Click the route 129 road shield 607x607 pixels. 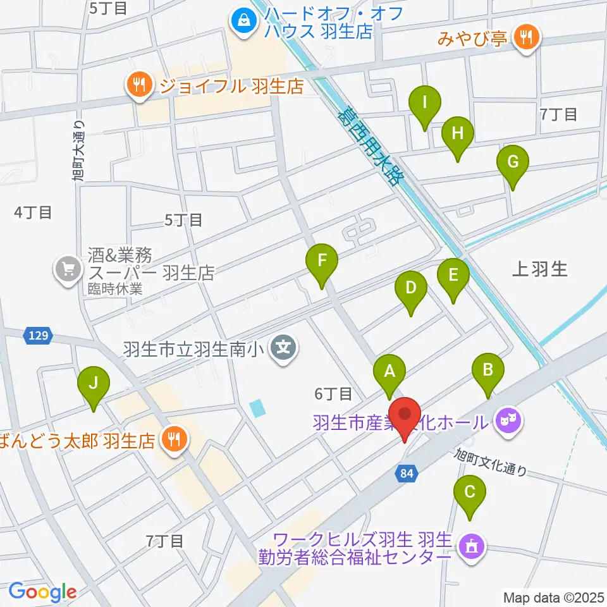point(38,336)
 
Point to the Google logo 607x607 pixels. point(42,592)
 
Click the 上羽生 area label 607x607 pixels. point(539,270)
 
